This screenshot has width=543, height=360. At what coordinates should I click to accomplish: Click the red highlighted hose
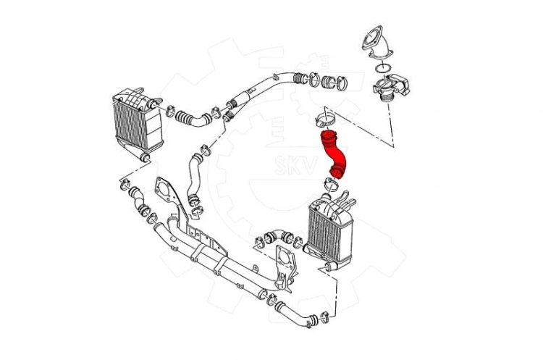(x=333, y=154)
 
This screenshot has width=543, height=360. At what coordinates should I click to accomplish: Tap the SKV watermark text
(x=295, y=165)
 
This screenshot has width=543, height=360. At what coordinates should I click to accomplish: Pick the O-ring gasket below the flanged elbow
(x=383, y=68)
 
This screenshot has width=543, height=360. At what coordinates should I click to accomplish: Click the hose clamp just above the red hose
(x=326, y=119)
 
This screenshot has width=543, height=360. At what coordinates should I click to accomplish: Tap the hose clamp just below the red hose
(x=332, y=185)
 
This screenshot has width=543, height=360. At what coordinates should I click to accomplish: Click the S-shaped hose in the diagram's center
(x=194, y=180)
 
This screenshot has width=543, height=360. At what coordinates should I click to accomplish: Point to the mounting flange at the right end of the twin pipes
(x=286, y=266)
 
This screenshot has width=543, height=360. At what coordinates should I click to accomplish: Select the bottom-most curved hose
(x=295, y=314)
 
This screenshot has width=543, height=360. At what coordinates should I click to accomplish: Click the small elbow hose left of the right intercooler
(x=278, y=236)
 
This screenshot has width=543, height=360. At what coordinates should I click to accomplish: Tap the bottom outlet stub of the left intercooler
(x=144, y=157)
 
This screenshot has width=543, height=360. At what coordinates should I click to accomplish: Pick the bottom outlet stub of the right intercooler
(x=329, y=266)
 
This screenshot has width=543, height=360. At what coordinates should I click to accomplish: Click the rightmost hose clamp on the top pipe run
(x=341, y=83)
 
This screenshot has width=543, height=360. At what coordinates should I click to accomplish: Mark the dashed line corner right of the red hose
(x=393, y=147)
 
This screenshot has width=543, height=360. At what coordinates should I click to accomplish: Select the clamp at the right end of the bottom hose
(x=324, y=317)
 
